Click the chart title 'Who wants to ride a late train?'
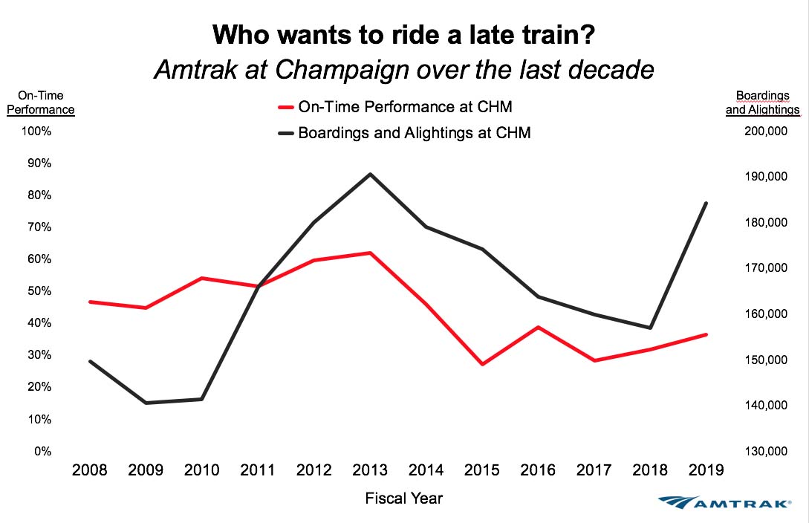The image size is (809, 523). click(403, 34)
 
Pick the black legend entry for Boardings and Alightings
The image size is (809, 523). click(404, 134)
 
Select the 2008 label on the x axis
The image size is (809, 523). click(90, 470)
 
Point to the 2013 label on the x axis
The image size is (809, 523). click(369, 470)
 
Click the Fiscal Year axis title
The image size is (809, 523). click(404, 498)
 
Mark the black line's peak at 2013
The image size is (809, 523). click(369, 174)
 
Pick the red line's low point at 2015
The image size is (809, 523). click(481, 364)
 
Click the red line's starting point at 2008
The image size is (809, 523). click(90, 302)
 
